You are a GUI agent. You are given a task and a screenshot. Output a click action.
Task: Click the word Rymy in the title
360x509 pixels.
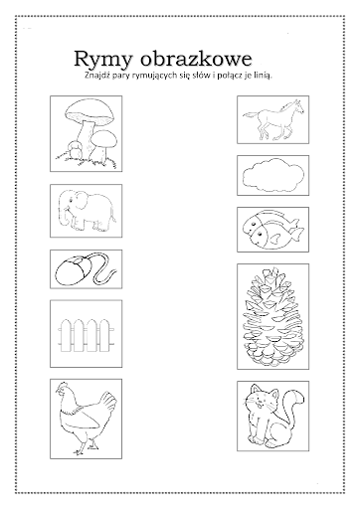point(103,60)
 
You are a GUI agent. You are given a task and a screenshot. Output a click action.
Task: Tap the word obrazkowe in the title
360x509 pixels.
point(196,59)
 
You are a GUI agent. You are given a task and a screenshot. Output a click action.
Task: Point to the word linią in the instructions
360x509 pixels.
point(263,76)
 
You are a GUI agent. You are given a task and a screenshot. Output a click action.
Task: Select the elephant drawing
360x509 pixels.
point(87,212)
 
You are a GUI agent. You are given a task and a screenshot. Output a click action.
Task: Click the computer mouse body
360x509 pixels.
point(72,270)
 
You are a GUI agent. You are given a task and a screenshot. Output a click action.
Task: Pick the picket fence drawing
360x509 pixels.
point(86,335)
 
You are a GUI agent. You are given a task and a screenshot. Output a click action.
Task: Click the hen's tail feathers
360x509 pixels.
point(107,402)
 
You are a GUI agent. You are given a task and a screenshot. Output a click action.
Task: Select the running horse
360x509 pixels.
point(273,120)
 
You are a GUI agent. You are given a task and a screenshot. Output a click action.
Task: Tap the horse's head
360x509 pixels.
point(296,106)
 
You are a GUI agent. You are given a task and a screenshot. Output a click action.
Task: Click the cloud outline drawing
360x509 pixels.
point(273,175)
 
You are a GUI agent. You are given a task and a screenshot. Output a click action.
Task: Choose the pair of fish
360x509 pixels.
point(272,229)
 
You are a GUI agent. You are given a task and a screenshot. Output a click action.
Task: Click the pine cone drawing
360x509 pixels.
point(273,316)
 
